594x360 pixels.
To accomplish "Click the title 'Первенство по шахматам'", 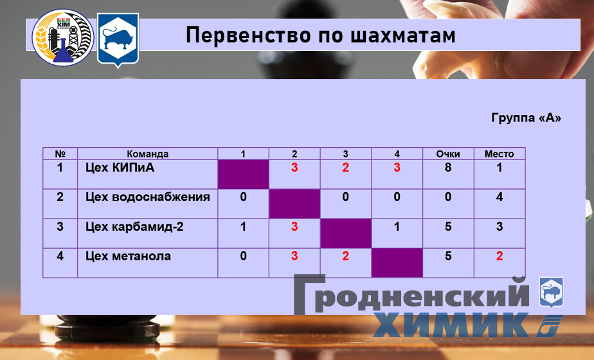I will [x=320, y=35].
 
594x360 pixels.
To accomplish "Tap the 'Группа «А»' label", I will [x=526, y=118].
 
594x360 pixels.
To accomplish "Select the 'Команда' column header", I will [x=147, y=154].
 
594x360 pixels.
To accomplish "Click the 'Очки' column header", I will [x=448, y=154].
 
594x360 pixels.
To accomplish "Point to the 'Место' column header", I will [x=499, y=154].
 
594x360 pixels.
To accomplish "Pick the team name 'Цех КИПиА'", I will [x=120, y=168].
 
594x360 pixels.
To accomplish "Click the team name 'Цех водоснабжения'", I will [x=147, y=197].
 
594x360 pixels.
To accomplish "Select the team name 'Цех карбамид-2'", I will [x=134, y=227].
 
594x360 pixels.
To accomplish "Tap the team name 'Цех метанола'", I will [x=128, y=256].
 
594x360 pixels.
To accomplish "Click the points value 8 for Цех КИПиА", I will [x=448, y=168].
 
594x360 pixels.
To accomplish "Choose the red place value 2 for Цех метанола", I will [x=500, y=256].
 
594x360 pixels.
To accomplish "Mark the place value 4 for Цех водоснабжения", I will [x=500, y=197].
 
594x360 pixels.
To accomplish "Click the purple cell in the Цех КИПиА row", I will [x=243, y=174].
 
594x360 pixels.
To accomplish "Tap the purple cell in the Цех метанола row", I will [x=397, y=263].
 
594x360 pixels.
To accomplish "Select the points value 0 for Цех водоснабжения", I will [x=448, y=197].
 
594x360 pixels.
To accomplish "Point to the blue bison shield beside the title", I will [x=118, y=39].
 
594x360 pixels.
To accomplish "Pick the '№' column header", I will [x=60, y=154].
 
